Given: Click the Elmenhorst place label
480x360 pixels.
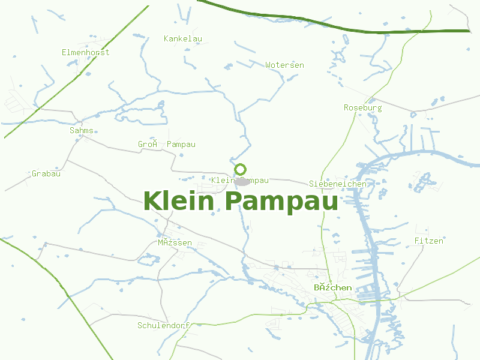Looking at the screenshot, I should [x=85, y=53].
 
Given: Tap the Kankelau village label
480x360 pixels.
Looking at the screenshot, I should [x=182, y=39].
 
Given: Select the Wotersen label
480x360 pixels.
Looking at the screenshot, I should [x=284, y=65].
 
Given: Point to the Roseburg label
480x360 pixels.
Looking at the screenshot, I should [x=362, y=108].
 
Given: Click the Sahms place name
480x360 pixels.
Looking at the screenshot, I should [x=82, y=130].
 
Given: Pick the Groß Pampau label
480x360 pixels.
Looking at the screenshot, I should [x=167, y=145].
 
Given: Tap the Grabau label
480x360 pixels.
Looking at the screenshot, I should [x=46, y=174].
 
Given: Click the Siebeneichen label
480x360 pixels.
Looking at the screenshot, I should [x=337, y=184].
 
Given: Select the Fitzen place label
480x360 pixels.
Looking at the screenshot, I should [x=428, y=241].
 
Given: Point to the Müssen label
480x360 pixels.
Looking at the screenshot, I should [x=175, y=243].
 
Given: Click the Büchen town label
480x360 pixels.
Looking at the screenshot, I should [x=332, y=288].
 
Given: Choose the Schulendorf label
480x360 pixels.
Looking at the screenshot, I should [x=163, y=326].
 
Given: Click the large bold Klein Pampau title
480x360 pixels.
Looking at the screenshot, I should [x=241, y=201].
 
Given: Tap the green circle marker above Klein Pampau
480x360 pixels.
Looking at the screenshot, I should [x=241, y=169].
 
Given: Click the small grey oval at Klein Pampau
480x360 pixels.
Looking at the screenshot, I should [x=242, y=181].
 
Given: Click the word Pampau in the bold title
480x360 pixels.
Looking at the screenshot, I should [x=281, y=202].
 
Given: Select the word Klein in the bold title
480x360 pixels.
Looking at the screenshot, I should [x=179, y=201].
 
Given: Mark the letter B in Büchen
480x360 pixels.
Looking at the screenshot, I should [x=317, y=288].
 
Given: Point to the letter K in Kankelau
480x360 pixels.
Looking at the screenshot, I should [x=166, y=39].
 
